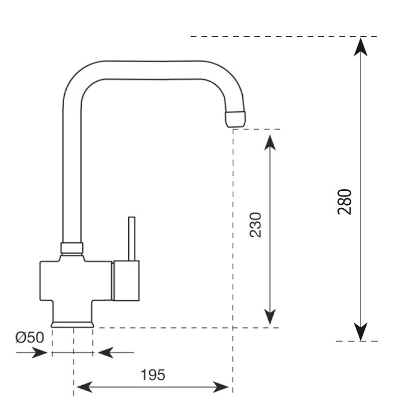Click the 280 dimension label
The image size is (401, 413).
coord(345,202)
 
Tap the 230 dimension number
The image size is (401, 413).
coord(256,224)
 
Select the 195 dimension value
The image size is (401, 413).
coord(153,375)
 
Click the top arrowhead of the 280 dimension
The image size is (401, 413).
coord(361,46)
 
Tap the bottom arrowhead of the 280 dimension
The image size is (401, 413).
coord(361,331)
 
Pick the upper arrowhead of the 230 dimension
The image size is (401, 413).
coord(270,140)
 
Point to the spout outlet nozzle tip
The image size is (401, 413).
coord(235,118)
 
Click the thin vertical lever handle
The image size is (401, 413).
coord(132,238)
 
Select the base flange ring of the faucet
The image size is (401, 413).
coord(72,324)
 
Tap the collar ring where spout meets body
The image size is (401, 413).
coord(72,248)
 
